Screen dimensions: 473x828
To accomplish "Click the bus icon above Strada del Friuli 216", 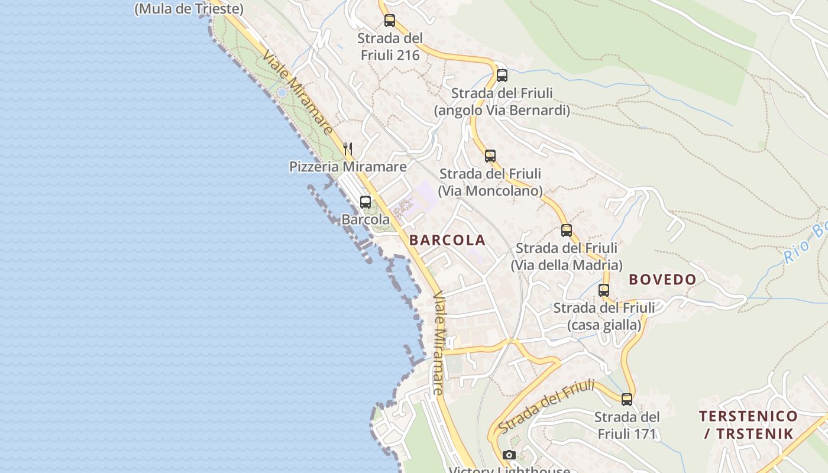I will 389,21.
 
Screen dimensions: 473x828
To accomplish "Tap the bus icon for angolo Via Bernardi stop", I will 502,75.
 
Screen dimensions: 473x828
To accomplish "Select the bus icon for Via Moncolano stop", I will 490,156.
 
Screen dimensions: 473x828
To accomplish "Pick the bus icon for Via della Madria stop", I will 567,231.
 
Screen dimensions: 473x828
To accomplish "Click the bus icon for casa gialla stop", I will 604,290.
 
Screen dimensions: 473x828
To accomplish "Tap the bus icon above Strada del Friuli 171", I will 627,399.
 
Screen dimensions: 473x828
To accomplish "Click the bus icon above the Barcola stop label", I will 366,202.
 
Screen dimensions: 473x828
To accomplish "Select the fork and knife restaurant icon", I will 348,149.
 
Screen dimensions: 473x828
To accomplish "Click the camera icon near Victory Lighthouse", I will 509,455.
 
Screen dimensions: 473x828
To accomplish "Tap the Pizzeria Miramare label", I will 348,167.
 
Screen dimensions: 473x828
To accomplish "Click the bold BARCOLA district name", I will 447,240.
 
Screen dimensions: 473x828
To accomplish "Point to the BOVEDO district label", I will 662,280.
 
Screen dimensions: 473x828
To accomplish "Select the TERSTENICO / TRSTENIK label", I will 748,425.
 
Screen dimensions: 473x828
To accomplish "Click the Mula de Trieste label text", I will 189,9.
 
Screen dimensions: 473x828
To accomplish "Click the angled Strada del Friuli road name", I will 545,407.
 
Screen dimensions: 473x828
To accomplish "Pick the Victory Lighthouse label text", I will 509,470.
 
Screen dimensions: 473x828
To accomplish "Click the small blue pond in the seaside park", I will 282,93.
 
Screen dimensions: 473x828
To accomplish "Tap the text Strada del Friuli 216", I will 390,47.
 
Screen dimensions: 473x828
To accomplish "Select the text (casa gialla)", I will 604,325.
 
